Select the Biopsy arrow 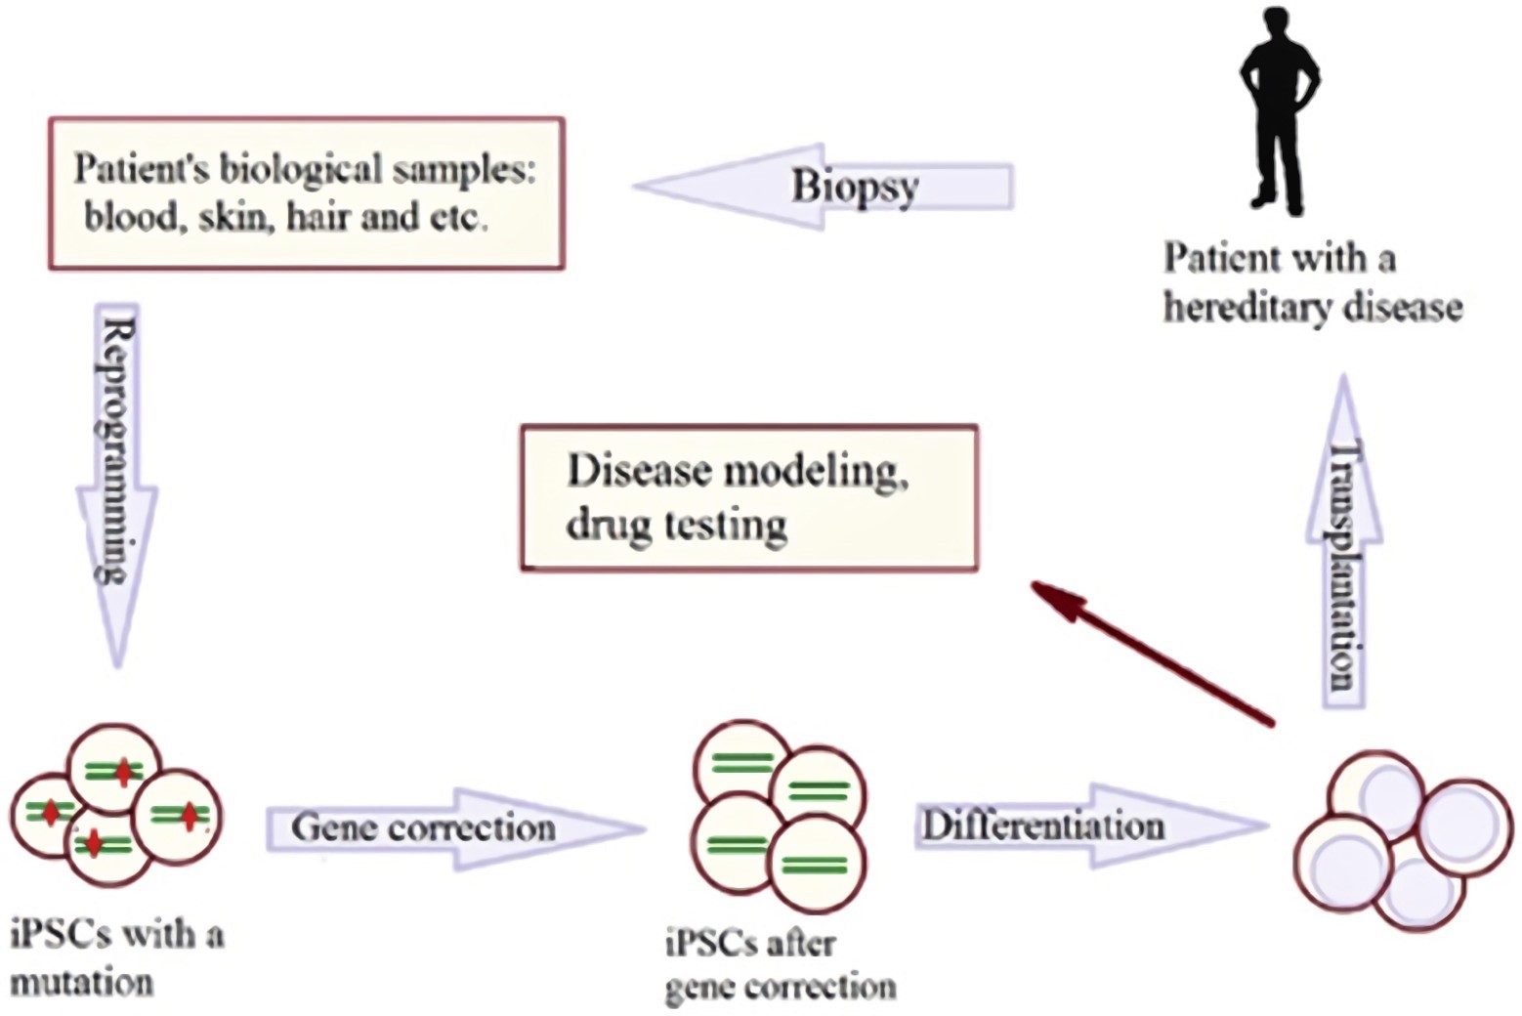click(825, 186)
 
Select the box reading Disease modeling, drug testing click(748, 497)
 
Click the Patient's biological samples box click(307, 193)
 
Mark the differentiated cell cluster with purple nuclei click(1402, 840)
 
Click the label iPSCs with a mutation click(115, 957)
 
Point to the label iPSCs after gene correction click(780, 965)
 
